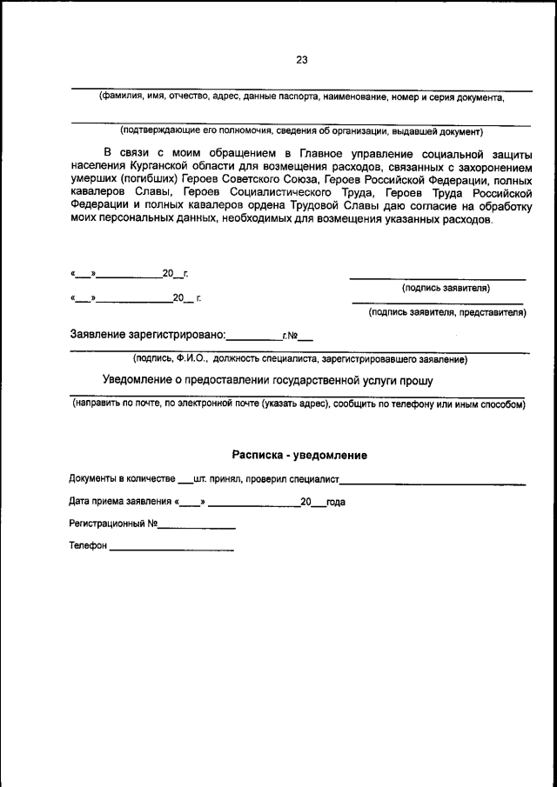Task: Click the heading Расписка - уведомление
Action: (299, 455)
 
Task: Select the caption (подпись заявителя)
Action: (446, 287)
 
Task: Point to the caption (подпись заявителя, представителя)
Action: (446, 311)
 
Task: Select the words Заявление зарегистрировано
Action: (147, 334)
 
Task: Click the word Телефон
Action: (87, 546)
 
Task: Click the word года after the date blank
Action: (336, 502)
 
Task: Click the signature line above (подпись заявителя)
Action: (438, 279)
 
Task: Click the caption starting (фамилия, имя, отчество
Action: (301, 97)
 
